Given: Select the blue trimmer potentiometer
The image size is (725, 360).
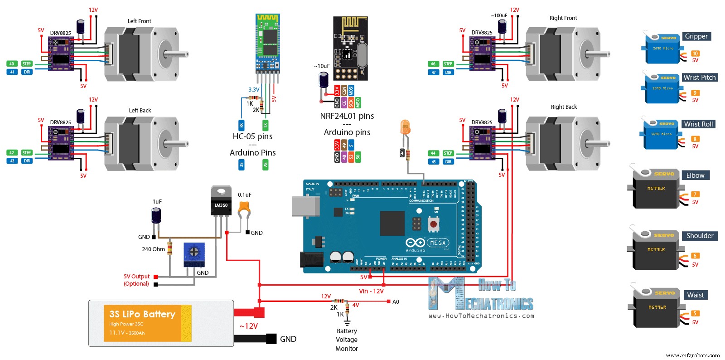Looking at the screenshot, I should pyautogui.click(x=194, y=254).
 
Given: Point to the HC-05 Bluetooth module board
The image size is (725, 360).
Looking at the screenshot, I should pyautogui.click(x=268, y=43).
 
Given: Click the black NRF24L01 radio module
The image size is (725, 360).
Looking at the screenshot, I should pyautogui.click(x=350, y=48).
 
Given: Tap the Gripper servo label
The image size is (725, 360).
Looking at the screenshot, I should pyautogui.click(x=696, y=36).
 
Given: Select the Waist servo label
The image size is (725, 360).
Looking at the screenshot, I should pyautogui.click(x=695, y=295).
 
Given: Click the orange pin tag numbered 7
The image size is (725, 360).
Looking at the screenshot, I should pyautogui.click(x=695, y=195).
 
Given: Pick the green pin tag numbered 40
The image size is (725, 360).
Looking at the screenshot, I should pyautogui.click(x=12, y=64).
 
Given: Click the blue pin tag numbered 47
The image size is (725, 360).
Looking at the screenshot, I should pyautogui.click(x=434, y=73).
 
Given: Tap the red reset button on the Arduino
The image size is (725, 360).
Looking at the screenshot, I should pyautogui.click(x=434, y=224).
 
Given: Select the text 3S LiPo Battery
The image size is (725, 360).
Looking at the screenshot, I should pyautogui.click(x=142, y=314).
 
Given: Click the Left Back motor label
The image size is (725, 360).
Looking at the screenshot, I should pyautogui.click(x=140, y=111).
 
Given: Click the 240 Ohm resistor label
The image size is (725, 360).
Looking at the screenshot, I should pyautogui.click(x=153, y=249).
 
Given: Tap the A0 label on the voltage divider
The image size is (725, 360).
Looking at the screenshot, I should pyautogui.click(x=396, y=302).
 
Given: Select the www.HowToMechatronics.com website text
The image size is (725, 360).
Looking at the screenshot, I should pyautogui.click(x=481, y=316).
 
